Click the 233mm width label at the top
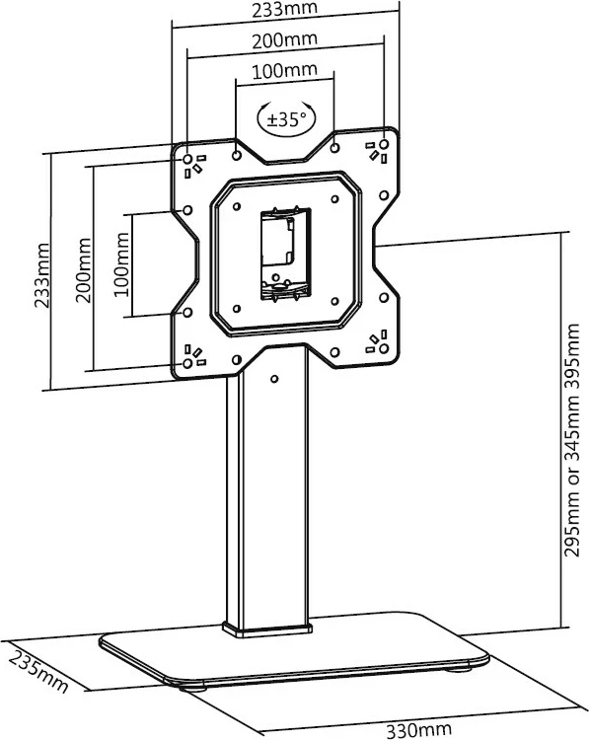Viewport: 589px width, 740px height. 284,9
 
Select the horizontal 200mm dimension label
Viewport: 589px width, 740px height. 284,40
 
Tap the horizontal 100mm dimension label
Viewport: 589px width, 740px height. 284,71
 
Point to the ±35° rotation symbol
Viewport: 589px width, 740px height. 286,118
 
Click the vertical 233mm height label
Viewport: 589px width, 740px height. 42,275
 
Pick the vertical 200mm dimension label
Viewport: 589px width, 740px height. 84,270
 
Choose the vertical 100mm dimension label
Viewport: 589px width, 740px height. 121,263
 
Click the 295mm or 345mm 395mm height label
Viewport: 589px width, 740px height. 572,440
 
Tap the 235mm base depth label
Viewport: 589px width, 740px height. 38,672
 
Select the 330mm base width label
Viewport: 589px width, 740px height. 419,729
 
